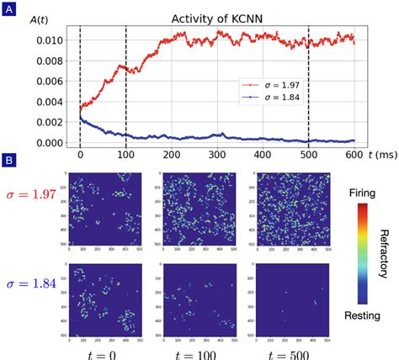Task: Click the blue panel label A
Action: click(x=9, y=10)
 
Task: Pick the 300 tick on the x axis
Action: click(x=263, y=155)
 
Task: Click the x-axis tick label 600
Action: click(x=354, y=155)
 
